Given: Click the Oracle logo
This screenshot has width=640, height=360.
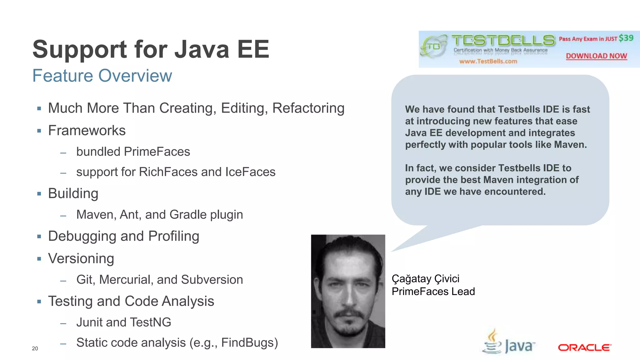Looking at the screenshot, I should tap(584, 347).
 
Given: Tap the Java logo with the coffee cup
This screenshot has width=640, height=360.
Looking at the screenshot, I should tap(509, 342).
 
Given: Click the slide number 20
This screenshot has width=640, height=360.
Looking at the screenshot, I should tap(35, 348).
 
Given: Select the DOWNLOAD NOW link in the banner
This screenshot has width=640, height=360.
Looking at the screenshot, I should tap(596, 56).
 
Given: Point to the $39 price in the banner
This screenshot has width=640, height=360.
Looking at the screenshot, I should tap(626, 38).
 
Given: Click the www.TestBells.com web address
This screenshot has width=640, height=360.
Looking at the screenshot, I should tap(488, 61).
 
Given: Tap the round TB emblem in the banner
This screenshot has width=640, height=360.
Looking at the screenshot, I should tap(433, 47).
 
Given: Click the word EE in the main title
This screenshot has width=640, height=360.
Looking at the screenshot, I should tap(253, 49).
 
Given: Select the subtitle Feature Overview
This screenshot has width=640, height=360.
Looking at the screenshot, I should tap(102, 76).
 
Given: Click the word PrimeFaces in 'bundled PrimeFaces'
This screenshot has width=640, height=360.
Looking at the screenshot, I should tap(157, 152).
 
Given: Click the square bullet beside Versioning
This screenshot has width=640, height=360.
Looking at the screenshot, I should tap(39, 259).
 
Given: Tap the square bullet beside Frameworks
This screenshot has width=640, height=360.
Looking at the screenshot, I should tap(39, 131).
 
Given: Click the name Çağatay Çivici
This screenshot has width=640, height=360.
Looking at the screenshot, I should tap(425, 279).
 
